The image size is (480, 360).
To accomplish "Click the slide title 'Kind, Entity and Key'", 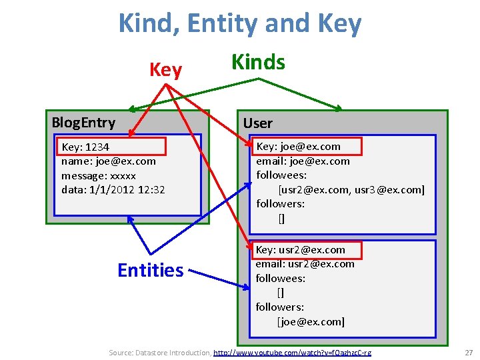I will (240, 24).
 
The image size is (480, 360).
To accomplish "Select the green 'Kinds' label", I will (258, 63).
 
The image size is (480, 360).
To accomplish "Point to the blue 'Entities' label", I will (150, 270).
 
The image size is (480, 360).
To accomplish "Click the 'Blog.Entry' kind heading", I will (83, 123).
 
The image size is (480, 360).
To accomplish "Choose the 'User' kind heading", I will (257, 123).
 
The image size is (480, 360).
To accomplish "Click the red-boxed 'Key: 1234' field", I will (85, 147).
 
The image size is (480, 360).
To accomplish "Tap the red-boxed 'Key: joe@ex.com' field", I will (298, 146).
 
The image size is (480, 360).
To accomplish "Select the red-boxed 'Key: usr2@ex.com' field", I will (301, 250).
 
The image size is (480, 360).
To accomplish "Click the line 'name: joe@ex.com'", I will (108, 161).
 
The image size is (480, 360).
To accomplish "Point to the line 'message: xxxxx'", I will (98, 175).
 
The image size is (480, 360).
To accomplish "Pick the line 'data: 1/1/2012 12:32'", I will (113, 189).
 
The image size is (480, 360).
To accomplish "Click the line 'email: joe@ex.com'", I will (303, 161).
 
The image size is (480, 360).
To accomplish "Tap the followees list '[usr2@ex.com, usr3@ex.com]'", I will (351, 189).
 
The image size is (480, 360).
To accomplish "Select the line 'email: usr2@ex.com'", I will (305, 264).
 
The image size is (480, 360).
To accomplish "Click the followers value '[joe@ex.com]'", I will (311, 322).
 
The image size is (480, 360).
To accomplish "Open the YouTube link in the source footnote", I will (292, 352).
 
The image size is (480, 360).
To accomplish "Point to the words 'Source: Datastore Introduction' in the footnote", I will (159, 352).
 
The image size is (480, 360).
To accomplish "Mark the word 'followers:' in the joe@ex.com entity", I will (280, 204).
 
